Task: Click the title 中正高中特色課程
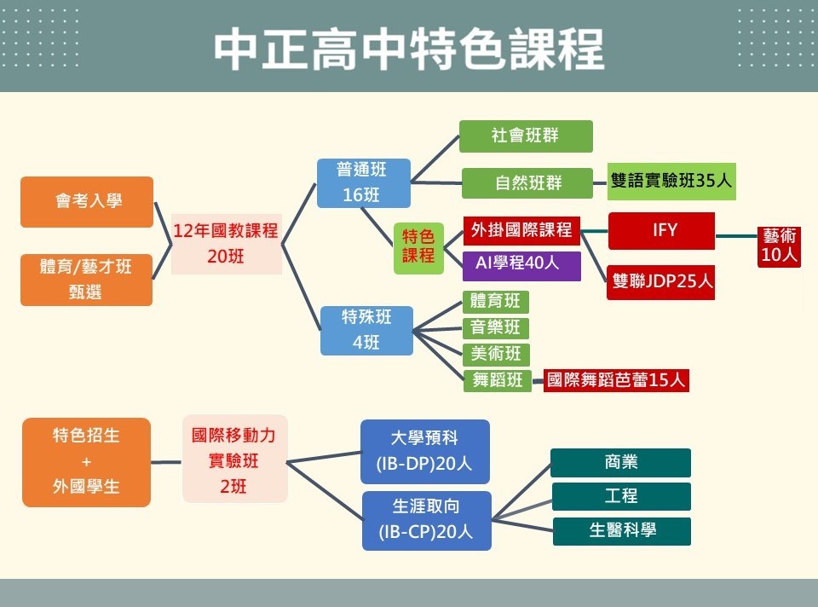pos(409,49)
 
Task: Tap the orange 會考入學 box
pos(87,202)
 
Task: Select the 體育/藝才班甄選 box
pos(87,279)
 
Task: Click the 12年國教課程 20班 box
pos(226,243)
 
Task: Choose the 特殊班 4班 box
pos(366,331)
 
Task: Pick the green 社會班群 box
pos(526,136)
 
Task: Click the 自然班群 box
pos(527,183)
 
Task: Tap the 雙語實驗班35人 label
pos(671,182)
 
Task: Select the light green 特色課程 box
pos(418,246)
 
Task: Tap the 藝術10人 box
pos(779,246)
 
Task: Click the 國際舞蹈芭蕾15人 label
pos(616,380)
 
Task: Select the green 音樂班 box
pos(496,328)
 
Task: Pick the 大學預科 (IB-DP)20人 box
pos(424,452)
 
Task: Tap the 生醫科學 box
pos(622,531)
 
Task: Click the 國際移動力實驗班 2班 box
pos(234,460)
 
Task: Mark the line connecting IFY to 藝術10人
pos(736,236)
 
